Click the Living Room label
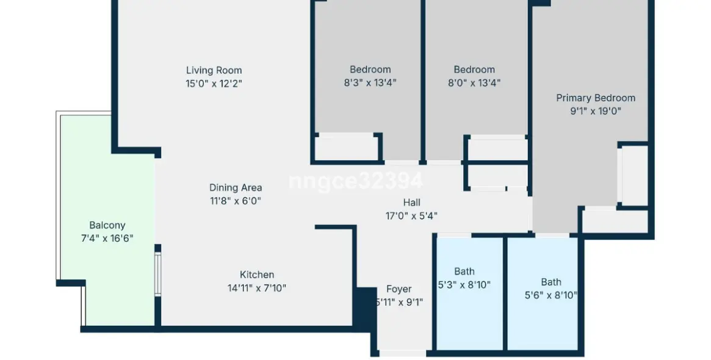(x=214, y=70)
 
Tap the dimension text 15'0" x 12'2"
(x=214, y=84)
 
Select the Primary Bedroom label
(x=595, y=98)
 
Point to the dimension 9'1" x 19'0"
(x=595, y=111)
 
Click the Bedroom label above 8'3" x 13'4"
(x=370, y=70)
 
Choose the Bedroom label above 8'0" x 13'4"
(x=474, y=70)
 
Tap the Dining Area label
(x=236, y=187)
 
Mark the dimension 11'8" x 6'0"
(x=236, y=201)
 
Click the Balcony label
(x=107, y=225)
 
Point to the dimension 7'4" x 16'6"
(x=107, y=238)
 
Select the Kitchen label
(x=256, y=275)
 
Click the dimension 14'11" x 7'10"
(x=256, y=288)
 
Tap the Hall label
(x=411, y=203)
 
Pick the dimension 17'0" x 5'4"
(x=411, y=215)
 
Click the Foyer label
(x=399, y=289)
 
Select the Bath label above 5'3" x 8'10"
(x=464, y=272)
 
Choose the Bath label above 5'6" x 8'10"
(x=550, y=282)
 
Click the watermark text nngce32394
(x=355, y=181)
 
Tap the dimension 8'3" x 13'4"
(x=370, y=83)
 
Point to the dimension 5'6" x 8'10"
(x=550, y=295)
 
